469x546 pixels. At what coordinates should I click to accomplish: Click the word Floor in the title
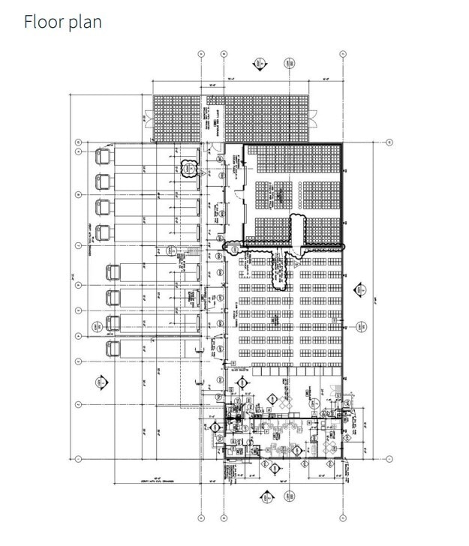click(x=41, y=22)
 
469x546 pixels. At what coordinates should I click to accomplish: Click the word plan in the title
click(x=82, y=23)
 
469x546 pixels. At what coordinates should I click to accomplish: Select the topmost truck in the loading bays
click(x=103, y=156)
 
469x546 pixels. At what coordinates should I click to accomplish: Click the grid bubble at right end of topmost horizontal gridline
click(x=389, y=142)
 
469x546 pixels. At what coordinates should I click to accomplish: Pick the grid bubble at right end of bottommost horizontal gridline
click(x=389, y=457)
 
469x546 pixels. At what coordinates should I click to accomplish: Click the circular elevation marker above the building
click(x=289, y=63)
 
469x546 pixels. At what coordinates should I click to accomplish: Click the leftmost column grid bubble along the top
click(x=201, y=54)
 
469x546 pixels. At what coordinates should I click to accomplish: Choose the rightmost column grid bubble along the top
click(x=343, y=54)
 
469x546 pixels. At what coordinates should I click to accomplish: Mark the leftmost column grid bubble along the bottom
click(x=201, y=517)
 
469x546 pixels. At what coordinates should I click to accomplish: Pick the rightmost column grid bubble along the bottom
click(x=343, y=517)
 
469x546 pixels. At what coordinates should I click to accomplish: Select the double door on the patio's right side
click(x=314, y=118)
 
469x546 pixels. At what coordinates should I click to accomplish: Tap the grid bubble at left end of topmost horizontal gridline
click(x=78, y=142)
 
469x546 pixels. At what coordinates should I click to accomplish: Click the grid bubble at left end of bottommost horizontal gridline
click(x=78, y=457)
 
